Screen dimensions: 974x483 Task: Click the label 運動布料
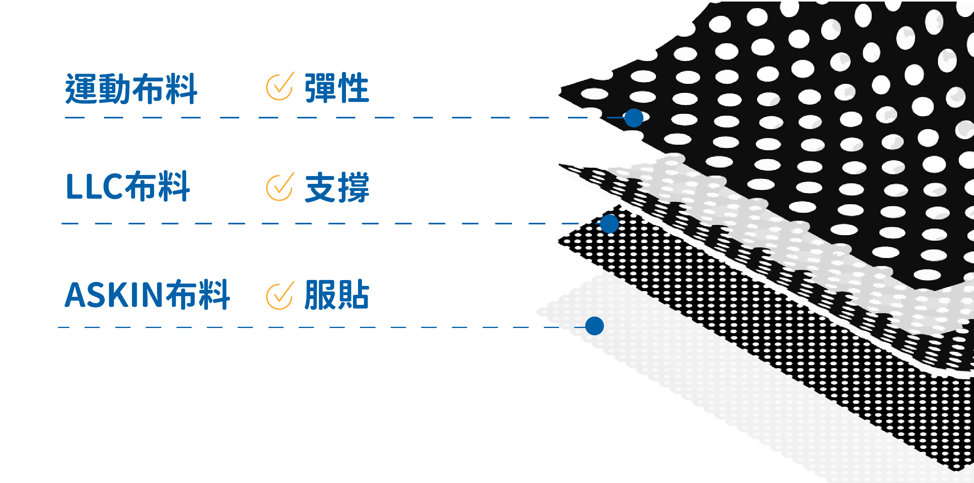[131, 89]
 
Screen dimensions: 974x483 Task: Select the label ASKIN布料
[147, 294]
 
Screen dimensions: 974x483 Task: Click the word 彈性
[337, 88]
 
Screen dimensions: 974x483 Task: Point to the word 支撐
[337, 187]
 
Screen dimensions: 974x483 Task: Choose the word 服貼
[337, 294]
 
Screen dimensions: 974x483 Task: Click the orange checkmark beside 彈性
[280, 86]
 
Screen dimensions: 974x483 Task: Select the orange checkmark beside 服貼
[280, 296]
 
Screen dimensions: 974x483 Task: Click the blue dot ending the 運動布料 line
[633, 118]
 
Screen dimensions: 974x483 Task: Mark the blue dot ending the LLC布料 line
[609, 224]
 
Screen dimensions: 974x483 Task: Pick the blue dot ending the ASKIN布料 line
[595, 326]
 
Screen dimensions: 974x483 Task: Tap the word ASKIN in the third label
[113, 295]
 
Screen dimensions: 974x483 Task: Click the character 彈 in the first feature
[320, 88]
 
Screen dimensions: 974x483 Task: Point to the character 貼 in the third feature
[353, 294]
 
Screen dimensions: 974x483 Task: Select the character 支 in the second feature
[320, 187]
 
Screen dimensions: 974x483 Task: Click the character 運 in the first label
[81, 89]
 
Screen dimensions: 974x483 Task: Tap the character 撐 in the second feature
[353, 187]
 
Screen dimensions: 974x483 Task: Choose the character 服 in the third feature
[320, 294]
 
